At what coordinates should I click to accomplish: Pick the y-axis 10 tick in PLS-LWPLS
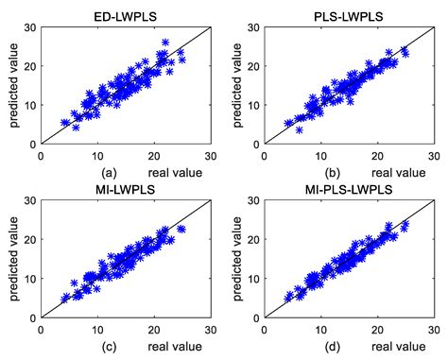pyautogui.click(x=253, y=105)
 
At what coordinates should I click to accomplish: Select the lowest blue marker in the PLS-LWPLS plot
pyautogui.click(x=299, y=129)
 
